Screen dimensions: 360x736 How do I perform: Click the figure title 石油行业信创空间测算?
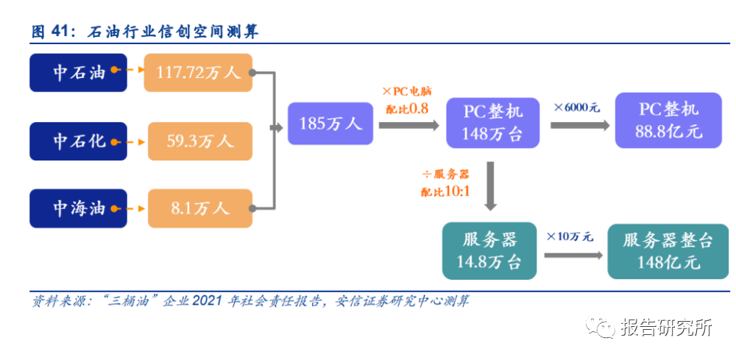click(172, 32)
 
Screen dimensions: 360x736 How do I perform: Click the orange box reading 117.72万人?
click(198, 72)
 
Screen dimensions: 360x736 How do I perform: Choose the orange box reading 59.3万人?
click(200, 141)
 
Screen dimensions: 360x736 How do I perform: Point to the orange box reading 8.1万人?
click(200, 208)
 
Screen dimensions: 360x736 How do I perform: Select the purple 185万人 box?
click(330, 124)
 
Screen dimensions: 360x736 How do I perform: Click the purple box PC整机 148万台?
click(493, 122)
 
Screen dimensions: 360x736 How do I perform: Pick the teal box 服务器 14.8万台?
click(489, 251)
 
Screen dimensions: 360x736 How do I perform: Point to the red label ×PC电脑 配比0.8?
click(406, 100)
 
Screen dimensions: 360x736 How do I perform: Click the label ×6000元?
click(577, 107)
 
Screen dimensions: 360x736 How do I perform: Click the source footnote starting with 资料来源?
click(250, 300)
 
